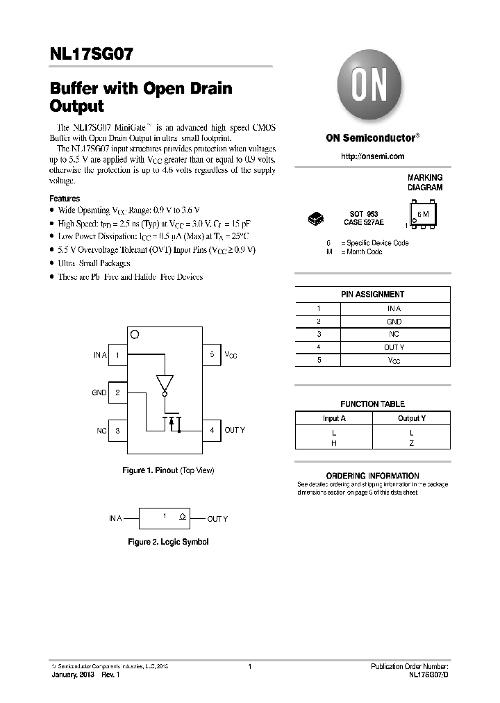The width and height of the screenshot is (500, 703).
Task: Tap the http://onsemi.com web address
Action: [x=372, y=157]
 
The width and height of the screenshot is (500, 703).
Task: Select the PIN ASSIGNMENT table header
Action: [x=372, y=295]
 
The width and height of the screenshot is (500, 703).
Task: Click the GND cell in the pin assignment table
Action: [x=394, y=322]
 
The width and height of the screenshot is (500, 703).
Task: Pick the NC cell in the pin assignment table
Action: [x=394, y=334]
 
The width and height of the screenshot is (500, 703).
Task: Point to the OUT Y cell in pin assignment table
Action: [x=394, y=347]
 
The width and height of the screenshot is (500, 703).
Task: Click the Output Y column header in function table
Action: [x=411, y=418]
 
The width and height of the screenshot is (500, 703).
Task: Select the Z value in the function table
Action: [x=411, y=443]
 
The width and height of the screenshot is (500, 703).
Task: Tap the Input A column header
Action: [x=334, y=418]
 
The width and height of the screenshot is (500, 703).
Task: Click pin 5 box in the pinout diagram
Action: [x=212, y=355]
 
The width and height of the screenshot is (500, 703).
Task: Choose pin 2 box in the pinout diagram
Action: [x=118, y=392]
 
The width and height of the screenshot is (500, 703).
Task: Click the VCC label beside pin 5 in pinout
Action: [x=231, y=355]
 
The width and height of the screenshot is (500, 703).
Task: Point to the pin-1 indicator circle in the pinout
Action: [x=135, y=334]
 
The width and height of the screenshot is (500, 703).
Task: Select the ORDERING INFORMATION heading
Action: [x=372, y=476]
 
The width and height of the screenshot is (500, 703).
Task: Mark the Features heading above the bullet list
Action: [x=65, y=199]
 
